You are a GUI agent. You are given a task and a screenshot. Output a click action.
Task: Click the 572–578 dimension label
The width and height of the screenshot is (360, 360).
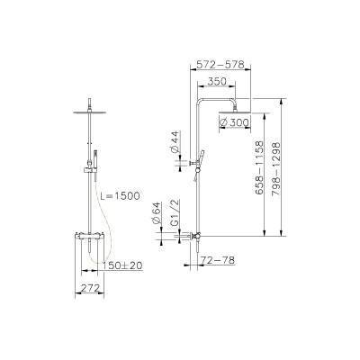coord(220,65)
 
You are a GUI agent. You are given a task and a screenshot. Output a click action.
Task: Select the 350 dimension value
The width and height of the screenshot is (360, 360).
coord(217,81)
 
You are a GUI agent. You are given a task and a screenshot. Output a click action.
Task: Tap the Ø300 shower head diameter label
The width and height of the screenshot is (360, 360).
coord(234,122)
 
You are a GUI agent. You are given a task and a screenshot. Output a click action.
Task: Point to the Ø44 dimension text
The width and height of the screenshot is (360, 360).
coord(175,141)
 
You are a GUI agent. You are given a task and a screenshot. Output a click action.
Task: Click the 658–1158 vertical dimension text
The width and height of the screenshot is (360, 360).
coord(259,168)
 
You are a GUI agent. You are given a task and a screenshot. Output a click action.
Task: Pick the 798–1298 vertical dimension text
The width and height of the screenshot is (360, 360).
coord(275,168)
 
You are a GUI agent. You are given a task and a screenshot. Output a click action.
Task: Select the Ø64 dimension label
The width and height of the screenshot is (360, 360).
coord(157,212)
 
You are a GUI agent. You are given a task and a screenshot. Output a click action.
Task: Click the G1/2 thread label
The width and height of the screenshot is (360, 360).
coord(175,210)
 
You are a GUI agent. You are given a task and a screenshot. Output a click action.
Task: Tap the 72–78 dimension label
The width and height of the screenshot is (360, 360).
coord(218,260)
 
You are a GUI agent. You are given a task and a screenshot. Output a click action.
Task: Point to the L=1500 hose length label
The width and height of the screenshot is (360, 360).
coord(120,196)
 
